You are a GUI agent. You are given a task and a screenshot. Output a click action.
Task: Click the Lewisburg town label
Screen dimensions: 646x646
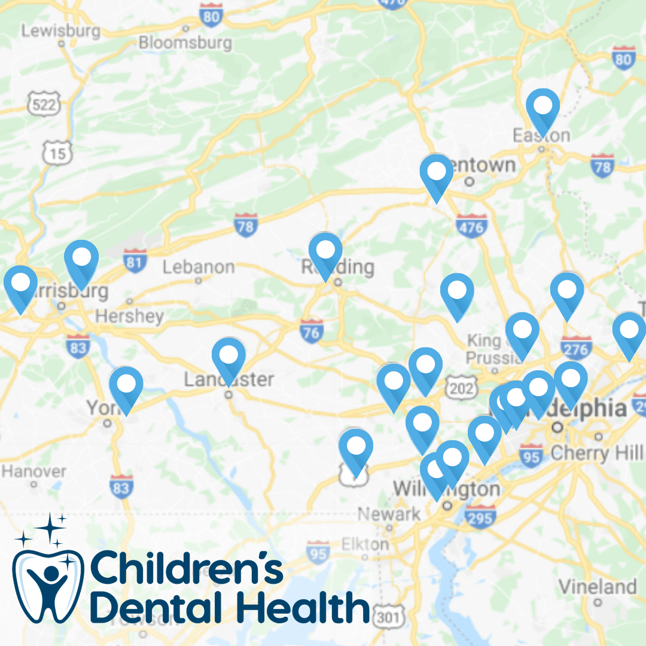pyautogui.click(x=61, y=31)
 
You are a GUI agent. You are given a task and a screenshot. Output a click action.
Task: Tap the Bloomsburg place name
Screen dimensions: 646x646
pyautogui.click(x=185, y=42)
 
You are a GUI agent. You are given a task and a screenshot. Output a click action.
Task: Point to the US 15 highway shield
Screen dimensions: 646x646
pyautogui.click(x=57, y=153)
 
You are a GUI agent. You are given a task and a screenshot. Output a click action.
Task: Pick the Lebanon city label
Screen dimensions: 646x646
pyautogui.click(x=199, y=267)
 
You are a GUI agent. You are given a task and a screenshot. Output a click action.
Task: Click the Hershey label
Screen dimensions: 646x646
pyautogui.click(x=129, y=316)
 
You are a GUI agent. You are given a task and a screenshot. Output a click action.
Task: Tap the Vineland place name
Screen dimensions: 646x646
pyautogui.click(x=598, y=586)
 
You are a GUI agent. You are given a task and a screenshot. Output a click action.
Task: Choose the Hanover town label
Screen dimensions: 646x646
pyautogui.click(x=34, y=471)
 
